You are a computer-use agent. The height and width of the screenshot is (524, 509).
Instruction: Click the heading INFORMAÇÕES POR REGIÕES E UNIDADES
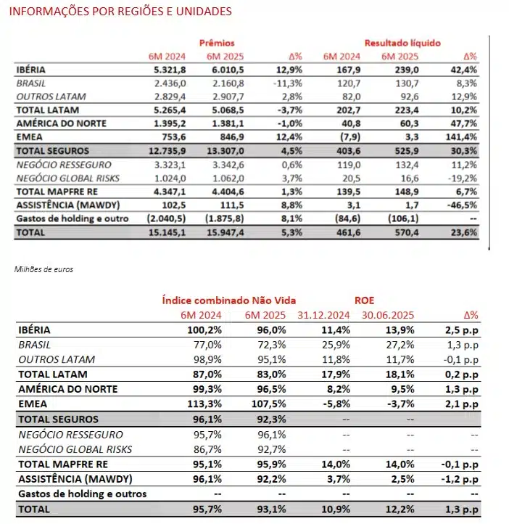click(121, 12)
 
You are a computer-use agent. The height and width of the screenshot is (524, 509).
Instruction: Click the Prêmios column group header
click(217, 43)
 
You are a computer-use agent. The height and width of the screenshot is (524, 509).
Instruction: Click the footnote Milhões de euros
click(44, 269)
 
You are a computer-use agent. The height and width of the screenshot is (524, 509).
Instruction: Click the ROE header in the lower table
click(365, 299)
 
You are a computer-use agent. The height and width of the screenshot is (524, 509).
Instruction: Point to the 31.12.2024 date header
click(323, 315)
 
